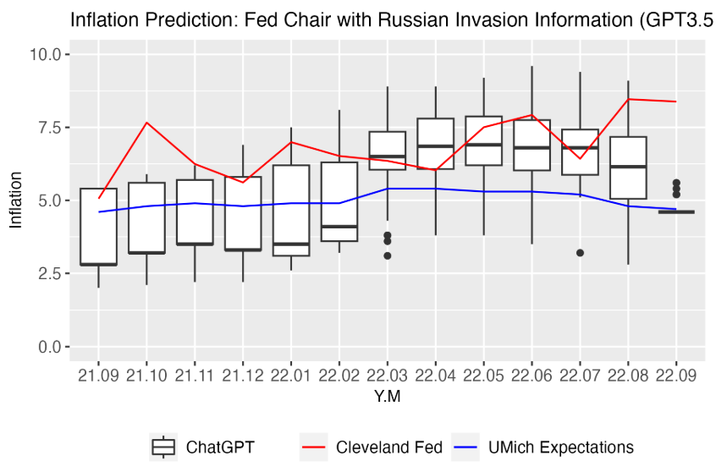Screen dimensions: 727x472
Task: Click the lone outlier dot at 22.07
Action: coord(580,253)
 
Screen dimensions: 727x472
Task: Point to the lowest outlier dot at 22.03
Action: coord(388,255)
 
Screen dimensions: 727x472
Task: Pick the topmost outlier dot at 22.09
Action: coord(676,183)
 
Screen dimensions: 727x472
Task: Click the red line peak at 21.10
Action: coord(147,123)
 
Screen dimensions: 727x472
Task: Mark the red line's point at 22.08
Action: coord(628,99)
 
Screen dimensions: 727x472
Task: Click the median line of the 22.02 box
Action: coord(339,227)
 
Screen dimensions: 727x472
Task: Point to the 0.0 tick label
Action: coord(50,347)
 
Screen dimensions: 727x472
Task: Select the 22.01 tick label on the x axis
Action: coord(290,376)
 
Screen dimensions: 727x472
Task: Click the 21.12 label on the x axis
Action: coord(243,376)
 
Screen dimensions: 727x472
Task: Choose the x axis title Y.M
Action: coord(387,397)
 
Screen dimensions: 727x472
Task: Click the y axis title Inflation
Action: coord(16,200)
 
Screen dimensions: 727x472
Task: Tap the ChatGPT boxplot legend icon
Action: coord(163,447)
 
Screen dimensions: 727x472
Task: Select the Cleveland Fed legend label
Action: coord(389,447)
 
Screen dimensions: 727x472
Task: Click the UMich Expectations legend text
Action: coord(561,447)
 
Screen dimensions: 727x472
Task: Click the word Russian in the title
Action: coord(409,20)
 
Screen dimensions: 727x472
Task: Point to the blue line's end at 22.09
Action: coord(676,209)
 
